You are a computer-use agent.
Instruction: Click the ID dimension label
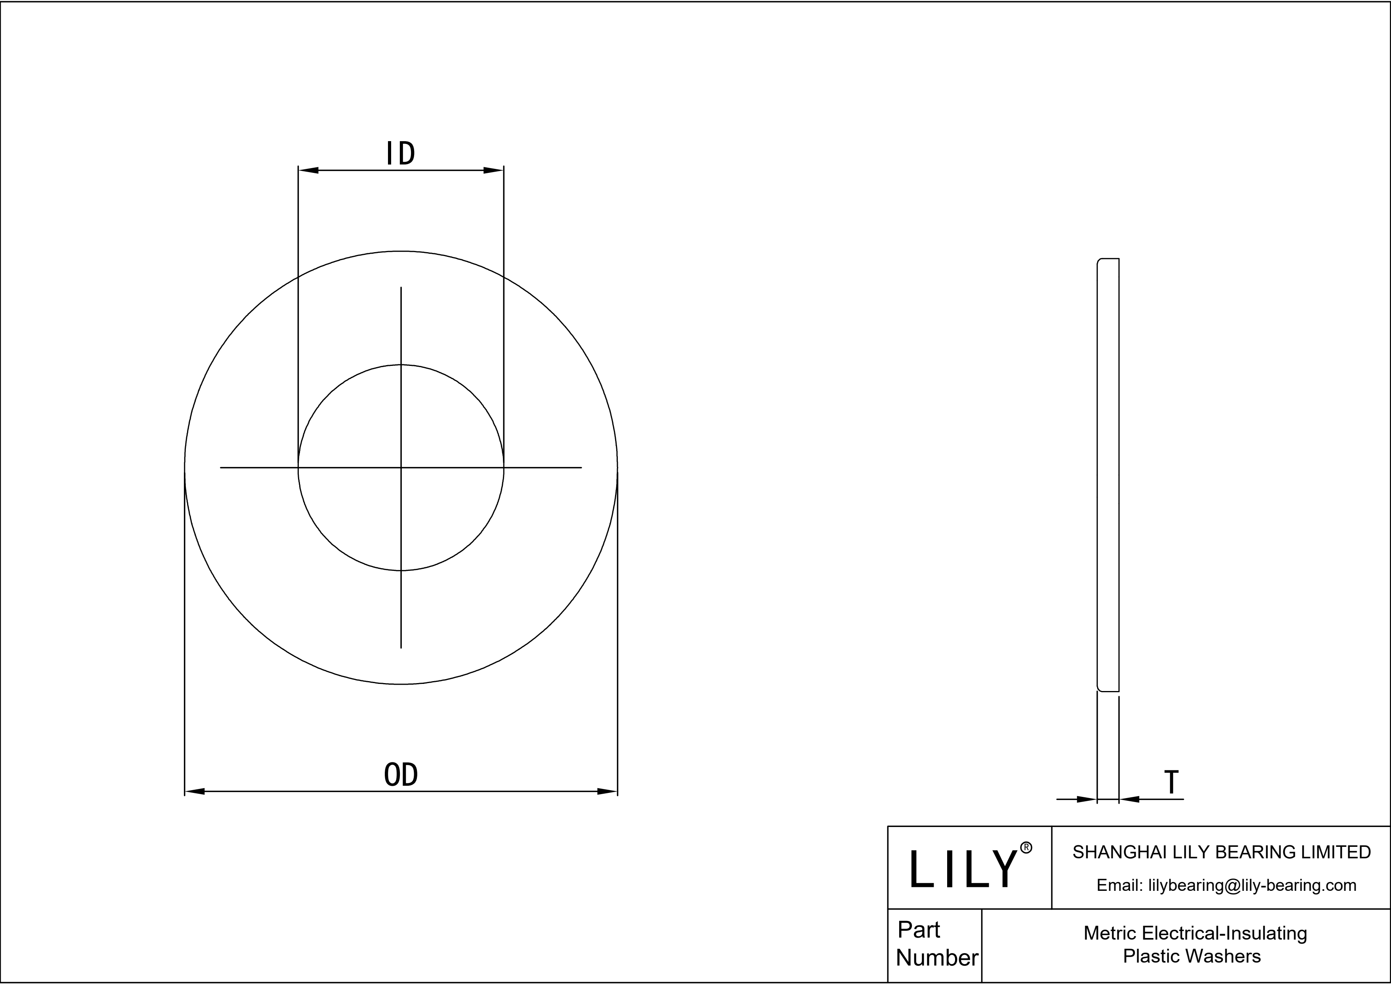click(x=401, y=154)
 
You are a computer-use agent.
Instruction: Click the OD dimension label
click(x=401, y=775)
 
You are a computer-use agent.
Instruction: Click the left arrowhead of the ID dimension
click(x=308, y=170)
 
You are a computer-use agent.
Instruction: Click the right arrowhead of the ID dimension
click(x=493, y=170)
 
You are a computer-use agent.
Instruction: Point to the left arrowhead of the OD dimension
click(x=195, y=791)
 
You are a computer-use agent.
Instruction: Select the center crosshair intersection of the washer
click(x=401, y=468)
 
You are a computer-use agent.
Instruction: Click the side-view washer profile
click(x=1108, y=475)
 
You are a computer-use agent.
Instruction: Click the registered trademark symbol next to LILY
click(x=1026, y=848)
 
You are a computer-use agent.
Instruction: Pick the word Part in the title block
click(x=919, y=929)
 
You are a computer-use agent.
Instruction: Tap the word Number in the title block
click(x=936, y=958)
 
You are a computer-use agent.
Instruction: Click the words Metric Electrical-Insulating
click(x=1195, y=933)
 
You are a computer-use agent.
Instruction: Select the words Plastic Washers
click(x=1192, y=956)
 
